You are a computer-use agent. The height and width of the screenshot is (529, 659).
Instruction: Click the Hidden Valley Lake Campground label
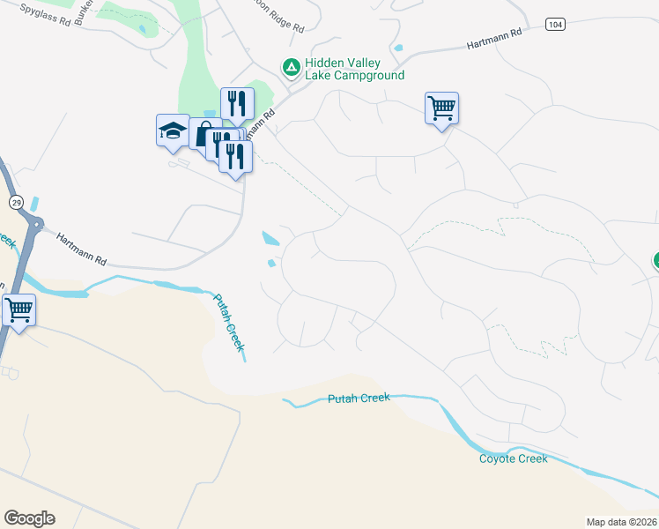(x=354, y=70)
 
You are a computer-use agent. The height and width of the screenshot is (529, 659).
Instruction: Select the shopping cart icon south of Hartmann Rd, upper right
(x=441, y=108)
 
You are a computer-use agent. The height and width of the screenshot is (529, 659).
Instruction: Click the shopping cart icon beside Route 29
(x=19, y=310)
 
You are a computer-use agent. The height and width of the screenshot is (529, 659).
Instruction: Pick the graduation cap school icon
(x=172, y=131)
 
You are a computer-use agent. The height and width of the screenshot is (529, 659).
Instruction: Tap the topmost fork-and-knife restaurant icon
(x=237, y=103)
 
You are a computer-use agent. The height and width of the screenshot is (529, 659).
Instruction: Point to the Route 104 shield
(x=554, y=24)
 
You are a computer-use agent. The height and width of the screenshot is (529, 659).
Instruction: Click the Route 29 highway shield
(x=16, y=203)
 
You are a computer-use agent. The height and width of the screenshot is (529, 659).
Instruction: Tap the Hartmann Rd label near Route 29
(x=81, y=250)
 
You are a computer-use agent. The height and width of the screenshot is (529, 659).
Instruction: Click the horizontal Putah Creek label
(x=359, y=399)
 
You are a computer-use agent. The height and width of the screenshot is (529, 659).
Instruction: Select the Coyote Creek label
(x=513, y=458)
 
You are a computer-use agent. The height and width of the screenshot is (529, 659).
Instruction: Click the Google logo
(x=29, y=518)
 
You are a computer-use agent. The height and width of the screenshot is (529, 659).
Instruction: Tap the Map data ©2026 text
(x=621, y=521)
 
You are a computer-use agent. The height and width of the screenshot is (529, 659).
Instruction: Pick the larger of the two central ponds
(x=270, y=238)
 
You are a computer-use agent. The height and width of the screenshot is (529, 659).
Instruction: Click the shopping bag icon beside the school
(x=204, y=135)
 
